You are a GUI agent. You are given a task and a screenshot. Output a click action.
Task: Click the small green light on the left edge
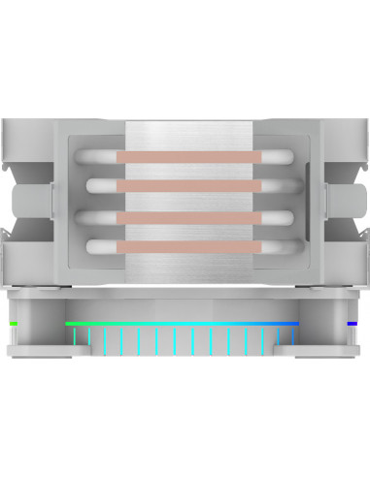[14, 323]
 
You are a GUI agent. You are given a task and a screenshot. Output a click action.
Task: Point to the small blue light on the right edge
[353, 323]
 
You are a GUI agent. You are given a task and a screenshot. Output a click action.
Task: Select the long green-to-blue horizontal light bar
[182, 323]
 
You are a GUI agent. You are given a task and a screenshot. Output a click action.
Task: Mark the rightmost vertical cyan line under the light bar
[292, 338]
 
